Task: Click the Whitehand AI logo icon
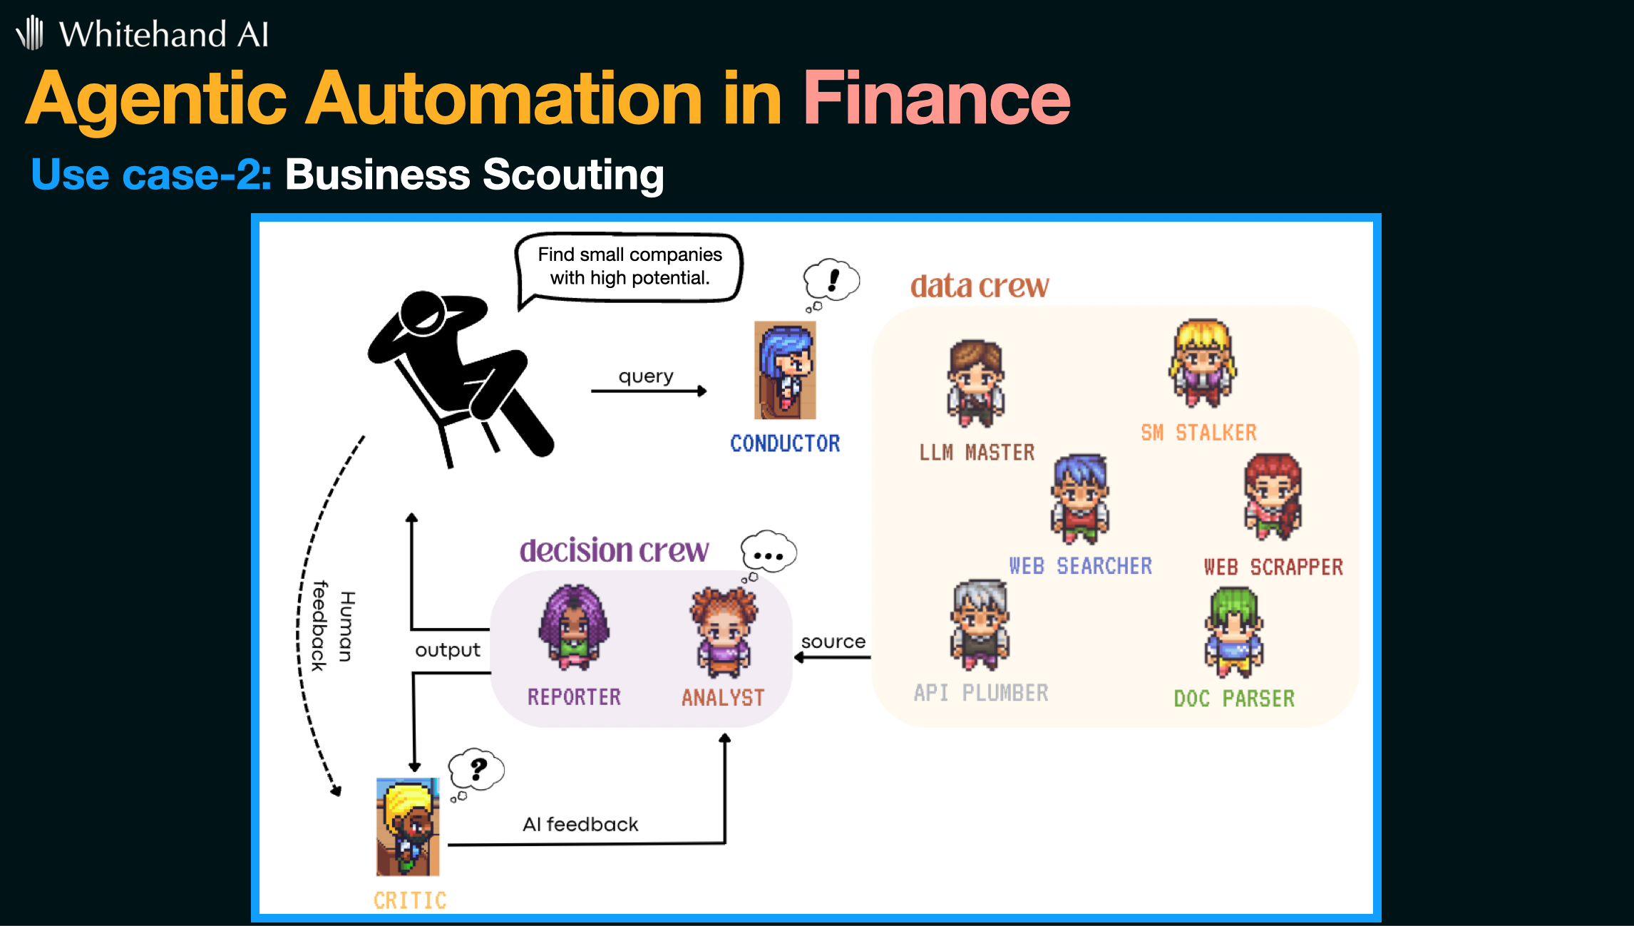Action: coord(30,33)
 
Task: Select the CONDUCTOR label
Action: coord(785,443)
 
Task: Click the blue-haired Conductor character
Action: coord(785,370)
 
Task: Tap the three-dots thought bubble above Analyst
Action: coord(768,555)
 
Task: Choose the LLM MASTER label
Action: coord(977,453)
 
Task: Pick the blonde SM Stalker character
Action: coord(1202,364)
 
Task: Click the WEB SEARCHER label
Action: coord(1080,566)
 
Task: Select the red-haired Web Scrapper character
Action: coord(1273,497)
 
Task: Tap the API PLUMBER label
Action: coord(981,693)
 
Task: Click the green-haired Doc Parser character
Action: coord(1234,632)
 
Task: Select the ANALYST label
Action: coord(723,698)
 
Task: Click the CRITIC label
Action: coord(410,901)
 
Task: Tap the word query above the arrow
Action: coord(646,376)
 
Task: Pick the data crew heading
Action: coord(980,286)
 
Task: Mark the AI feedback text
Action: coord(580,825)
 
